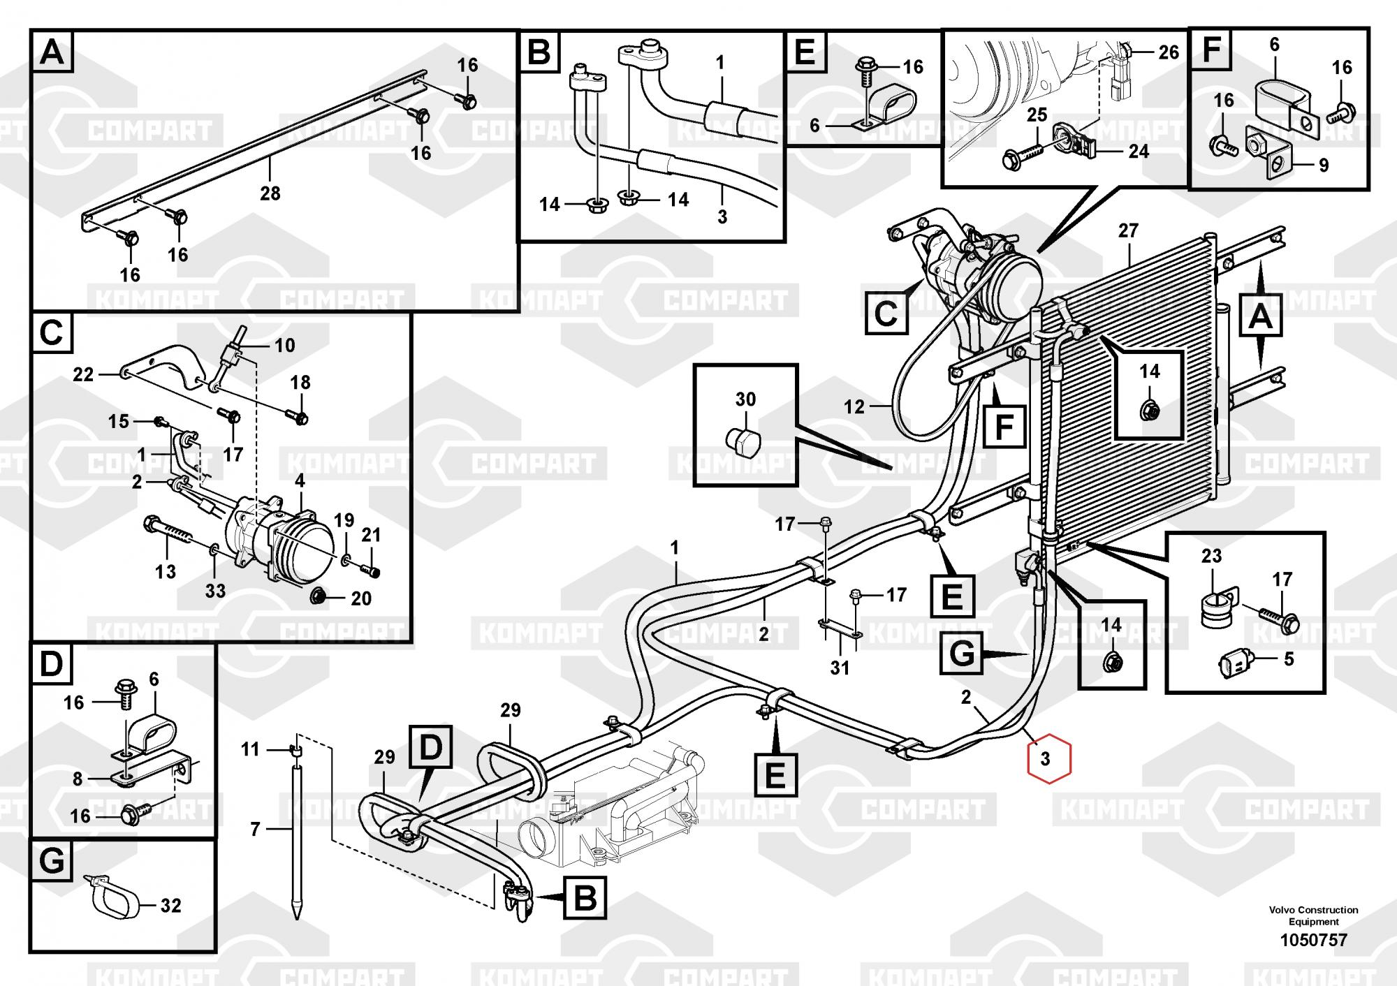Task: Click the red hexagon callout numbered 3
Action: point(1045,759)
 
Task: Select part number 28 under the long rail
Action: point(270,193)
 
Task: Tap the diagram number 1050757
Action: point(1313,940)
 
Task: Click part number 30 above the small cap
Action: point(745,399)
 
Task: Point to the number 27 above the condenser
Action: point(1128,230)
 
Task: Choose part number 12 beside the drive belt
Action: point(854,406)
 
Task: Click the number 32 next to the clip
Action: point(170,906)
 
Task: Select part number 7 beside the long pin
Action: point(255,829)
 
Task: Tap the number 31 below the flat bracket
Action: point(840,668)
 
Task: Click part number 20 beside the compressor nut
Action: point(360,598)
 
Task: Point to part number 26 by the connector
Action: point(1169,52)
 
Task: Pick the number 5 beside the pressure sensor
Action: point(1289,658)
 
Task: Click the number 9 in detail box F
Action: point(1323,165)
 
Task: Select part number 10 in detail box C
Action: point(284,345)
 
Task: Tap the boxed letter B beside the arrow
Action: point(585,897)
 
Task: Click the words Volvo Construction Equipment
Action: point(1313,915)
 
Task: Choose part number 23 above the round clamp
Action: point(1211,556)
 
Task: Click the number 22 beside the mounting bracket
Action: point(83,375)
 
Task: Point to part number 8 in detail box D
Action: point(78,779)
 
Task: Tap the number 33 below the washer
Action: point(215,591)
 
